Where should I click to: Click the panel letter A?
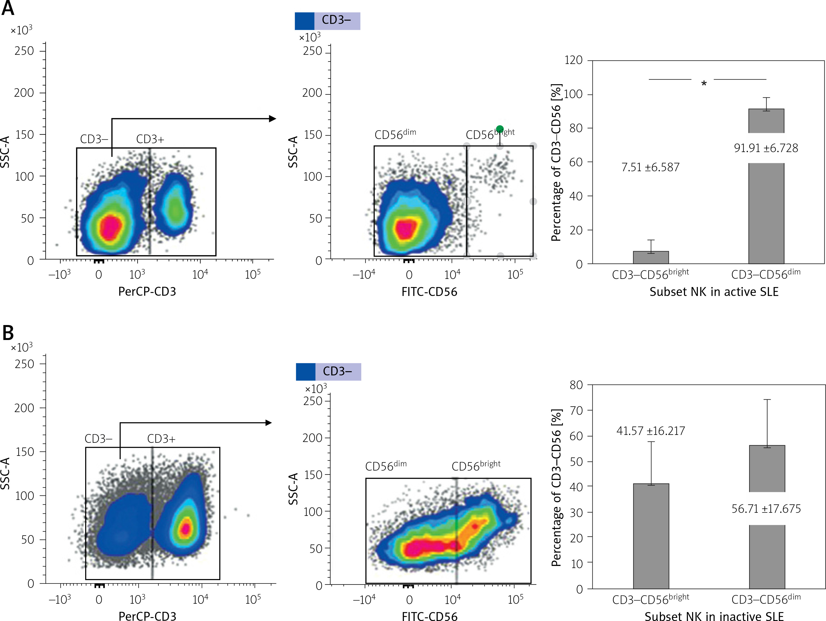8,8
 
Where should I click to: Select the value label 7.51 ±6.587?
650,167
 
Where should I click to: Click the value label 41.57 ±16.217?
650,431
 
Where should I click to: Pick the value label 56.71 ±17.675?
766,509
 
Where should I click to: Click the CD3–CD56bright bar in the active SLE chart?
651,258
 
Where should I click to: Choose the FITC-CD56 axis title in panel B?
430,616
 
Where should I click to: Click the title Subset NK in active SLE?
714,292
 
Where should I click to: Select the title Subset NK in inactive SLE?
714,616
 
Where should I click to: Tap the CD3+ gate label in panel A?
150,139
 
